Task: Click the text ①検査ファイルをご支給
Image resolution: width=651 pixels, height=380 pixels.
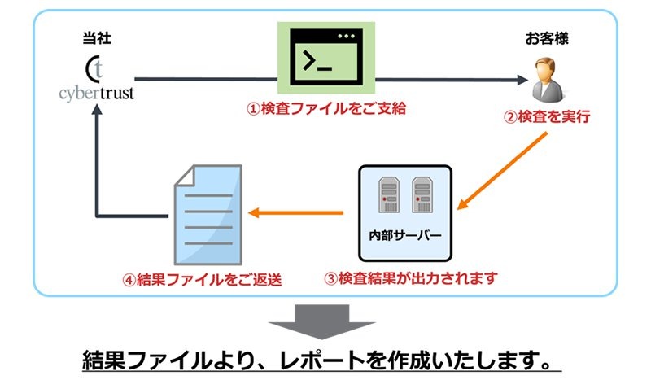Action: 325,108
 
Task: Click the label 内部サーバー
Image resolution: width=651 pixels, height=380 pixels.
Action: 404,237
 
